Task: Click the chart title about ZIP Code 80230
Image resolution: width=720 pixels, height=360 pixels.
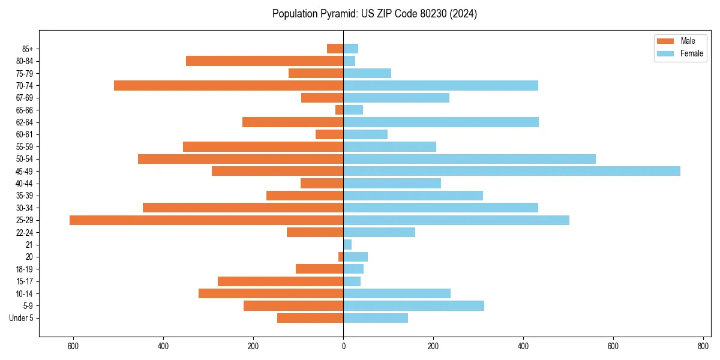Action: pos(374,14)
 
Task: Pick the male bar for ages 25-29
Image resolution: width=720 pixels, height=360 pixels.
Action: pos(206,220)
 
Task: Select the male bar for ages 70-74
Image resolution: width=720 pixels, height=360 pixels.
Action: pos(229,86)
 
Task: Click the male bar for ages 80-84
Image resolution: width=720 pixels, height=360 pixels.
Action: pos(265,61)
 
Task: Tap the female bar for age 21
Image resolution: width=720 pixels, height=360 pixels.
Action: pos(347,245)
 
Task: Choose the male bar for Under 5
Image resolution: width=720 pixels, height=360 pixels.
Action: pos(310,318)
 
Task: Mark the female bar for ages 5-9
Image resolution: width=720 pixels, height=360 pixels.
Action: pos(413,306)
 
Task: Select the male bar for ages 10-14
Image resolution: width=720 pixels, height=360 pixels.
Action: pos(271,293)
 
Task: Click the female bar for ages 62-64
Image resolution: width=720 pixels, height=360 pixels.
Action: pos(441,122)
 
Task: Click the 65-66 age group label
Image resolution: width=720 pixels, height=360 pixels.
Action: pos(25,110)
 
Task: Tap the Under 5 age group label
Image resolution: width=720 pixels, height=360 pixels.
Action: pos(21,318)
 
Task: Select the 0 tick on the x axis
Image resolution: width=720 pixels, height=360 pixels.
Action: pos(343,346)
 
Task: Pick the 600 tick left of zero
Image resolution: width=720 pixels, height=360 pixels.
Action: pos(73,346)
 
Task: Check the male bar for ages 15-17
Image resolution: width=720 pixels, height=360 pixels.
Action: pos(280,281)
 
